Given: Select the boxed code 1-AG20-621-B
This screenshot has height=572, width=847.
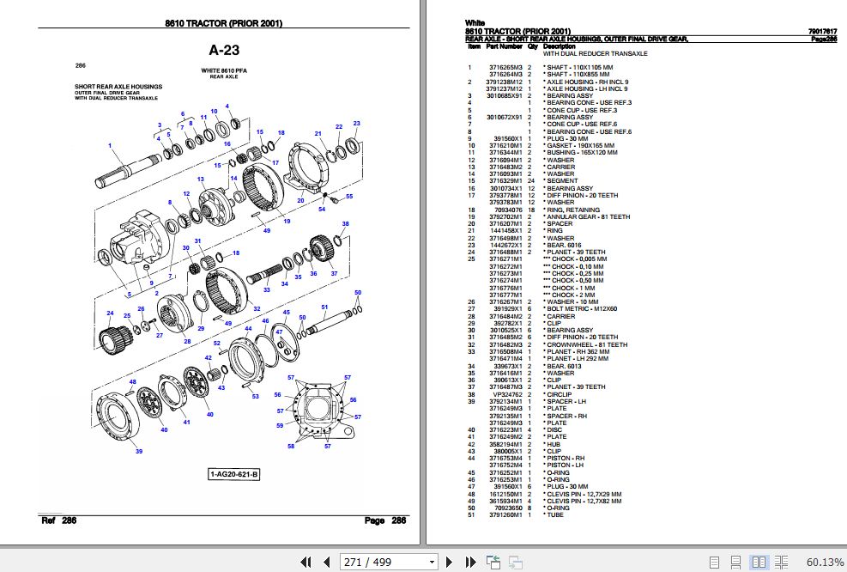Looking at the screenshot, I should coord(234,474).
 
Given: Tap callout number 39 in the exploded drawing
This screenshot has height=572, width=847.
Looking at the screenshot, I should coord(138,452).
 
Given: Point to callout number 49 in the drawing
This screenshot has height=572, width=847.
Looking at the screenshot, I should coord(267,230).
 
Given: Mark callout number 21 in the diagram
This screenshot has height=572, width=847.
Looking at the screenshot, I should coord(318,134).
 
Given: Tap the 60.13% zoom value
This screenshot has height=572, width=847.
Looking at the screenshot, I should coord(825,562).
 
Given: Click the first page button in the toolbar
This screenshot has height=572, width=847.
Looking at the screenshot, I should coord(305,562).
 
